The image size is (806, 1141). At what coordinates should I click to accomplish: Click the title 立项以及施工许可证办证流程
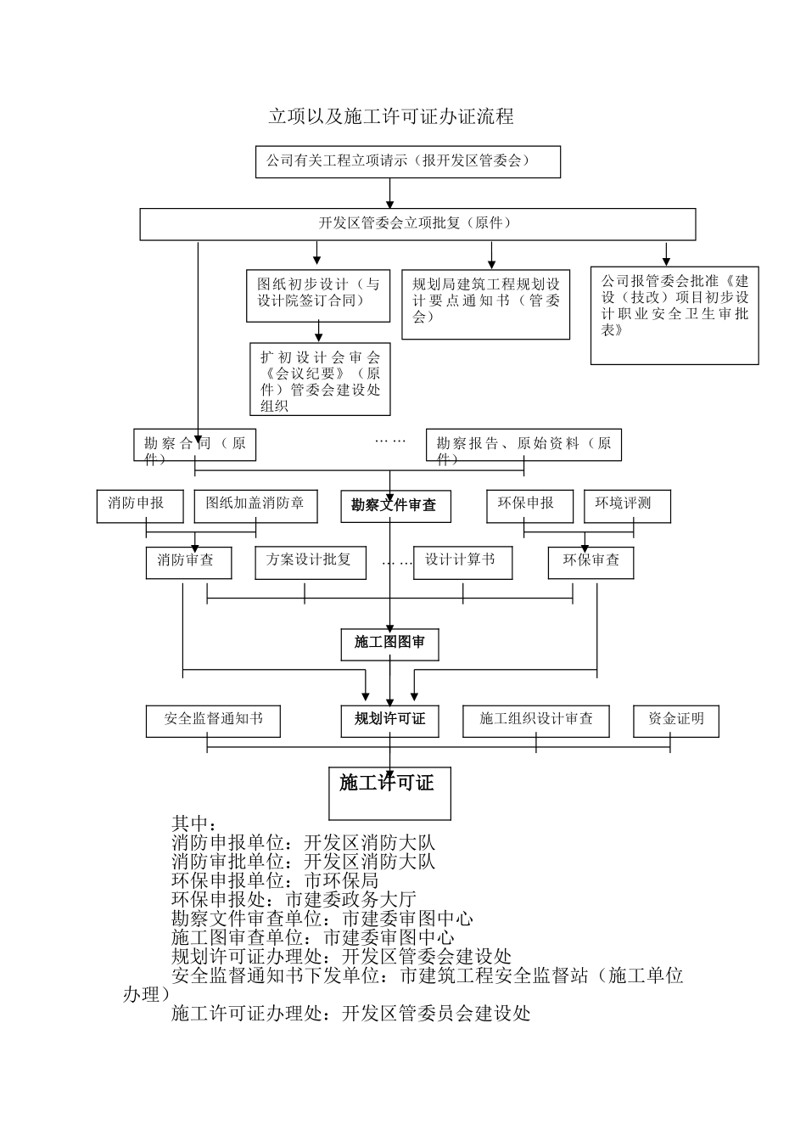[391, 117]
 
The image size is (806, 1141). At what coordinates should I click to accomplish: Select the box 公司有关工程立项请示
[407, 161]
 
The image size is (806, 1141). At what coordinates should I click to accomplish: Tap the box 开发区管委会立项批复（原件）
[417, 224]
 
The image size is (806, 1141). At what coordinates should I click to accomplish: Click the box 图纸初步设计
[317, 295]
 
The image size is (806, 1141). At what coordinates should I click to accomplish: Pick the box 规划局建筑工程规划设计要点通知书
[485, 303]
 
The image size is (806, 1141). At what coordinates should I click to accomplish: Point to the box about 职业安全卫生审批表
[674, 314]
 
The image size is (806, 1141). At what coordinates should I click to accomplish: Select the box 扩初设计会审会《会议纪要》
[320, 379]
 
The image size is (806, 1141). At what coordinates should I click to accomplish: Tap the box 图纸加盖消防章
[255, 505]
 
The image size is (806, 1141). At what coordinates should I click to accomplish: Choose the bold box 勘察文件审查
[395, 506]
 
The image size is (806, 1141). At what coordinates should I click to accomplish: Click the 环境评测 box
[628, 505]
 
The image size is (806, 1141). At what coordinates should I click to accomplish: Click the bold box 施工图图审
[389, 644]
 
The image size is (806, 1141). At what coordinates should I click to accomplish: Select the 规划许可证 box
[389, 721]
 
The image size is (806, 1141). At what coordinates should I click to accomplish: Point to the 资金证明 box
[676, 721]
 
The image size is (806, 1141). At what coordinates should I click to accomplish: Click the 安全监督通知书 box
[213, 721]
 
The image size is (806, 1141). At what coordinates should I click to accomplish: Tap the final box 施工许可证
[389, 793]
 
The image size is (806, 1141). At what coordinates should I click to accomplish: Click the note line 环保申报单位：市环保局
[275, 880]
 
